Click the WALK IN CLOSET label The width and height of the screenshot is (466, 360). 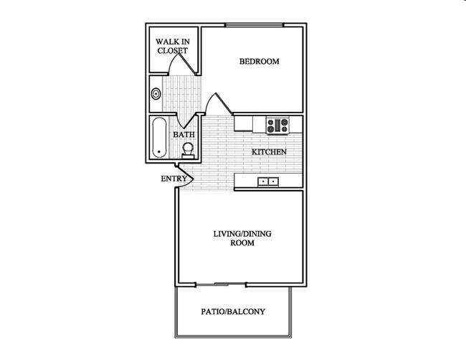pyautogui.click(x=172, y=46)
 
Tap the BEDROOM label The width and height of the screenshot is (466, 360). pyautogui.click(x=259, y=61)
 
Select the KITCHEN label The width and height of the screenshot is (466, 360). pyautogui.click(x=269, y=152)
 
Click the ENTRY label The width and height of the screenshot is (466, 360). pyautogui.click(x=174, y=179)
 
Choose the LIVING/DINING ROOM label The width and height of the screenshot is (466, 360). pyautogui.click(x=243, y=238)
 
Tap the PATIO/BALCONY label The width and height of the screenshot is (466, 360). pyautogui.click(x=234, y=312)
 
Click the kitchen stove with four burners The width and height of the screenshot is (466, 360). pyautogui.click(x=276, y=125)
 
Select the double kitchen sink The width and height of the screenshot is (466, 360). pyautogui.click(x=269, y=182)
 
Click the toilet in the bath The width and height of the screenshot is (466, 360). pyautogui.click(x=188, y=149)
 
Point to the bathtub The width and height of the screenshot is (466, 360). pyautogui.click(x=159, y=138)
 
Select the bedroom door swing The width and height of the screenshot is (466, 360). pyautogui.click(x=214, y=104)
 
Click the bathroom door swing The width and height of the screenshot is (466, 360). pyautogui.click(x=188, y=119)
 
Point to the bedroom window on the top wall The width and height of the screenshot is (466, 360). pyautogui.click(x=255, y=27)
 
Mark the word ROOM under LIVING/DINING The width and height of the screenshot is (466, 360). pyautogui.click(x=243, y=244)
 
